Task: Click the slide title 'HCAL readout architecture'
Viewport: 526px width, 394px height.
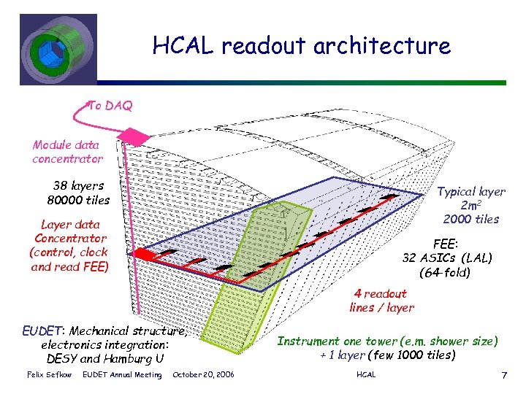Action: (x=301, y=46)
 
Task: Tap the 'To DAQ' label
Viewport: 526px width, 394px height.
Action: (x=110, y=106)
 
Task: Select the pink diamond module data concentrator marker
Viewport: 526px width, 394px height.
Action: (x=129, y=135)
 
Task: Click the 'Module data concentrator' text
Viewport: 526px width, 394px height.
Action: (x=67, y=152)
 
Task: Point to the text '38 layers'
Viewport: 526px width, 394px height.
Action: (x=78, y=185)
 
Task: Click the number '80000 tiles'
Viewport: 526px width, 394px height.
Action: (x=78, y=200)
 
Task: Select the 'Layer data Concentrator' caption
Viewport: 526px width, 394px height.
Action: (x=70, y=231)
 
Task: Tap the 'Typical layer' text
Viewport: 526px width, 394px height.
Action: (x=470, y=191)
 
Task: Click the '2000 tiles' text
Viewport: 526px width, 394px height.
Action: (x=470, y=219)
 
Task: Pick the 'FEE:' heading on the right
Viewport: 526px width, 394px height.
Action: (x=447, y=245)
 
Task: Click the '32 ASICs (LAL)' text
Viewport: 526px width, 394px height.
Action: (x=447, y=258)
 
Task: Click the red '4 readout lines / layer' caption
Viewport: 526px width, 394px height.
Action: (x=381, y=301)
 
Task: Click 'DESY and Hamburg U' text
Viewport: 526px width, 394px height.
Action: (x=104, y=358)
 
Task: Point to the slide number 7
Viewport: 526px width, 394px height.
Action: (x=504, y=375)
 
